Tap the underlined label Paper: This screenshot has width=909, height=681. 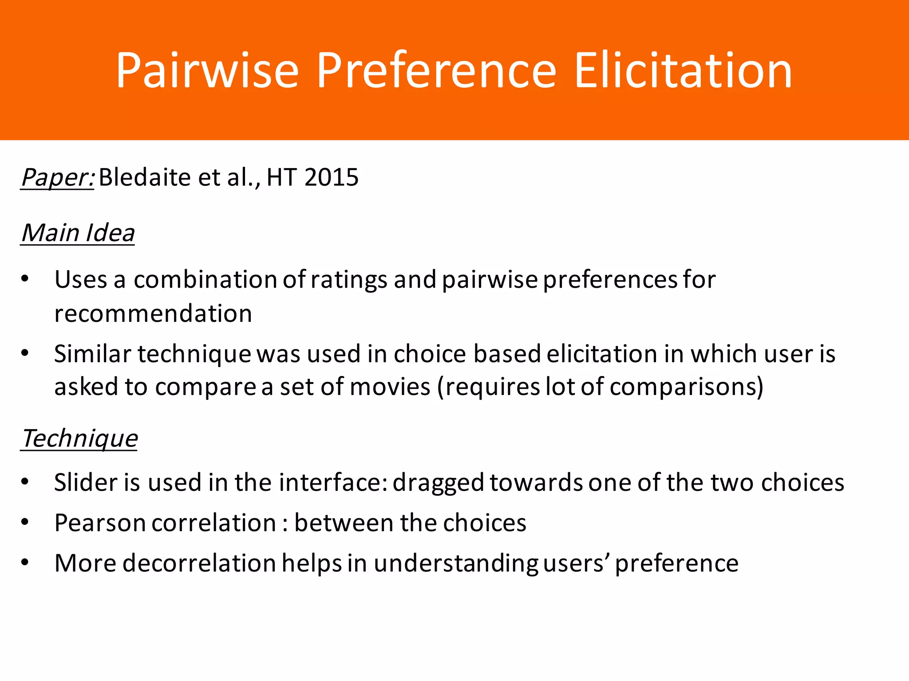click(57, 177)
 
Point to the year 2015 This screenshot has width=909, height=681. click(332, 177)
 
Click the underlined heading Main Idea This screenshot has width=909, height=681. click(78, 233)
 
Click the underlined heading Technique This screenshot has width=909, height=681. click(79, 438)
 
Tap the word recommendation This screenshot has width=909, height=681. click(153, 313)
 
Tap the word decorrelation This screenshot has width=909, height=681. click(199, 563)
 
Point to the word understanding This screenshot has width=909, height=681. click(456, 563)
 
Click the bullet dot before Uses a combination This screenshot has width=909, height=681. click(25, 279)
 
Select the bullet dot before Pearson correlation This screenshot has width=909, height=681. click(25, 522)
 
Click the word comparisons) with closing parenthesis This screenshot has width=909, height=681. click(687, 387)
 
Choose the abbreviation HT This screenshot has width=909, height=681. click(281, 177)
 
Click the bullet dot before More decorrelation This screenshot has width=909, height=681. click(25, 563)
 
